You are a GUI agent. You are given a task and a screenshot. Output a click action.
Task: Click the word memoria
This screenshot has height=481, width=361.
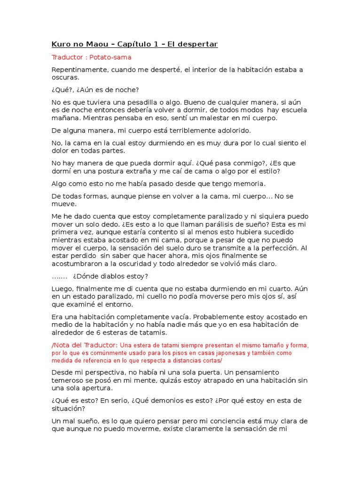(250, 184)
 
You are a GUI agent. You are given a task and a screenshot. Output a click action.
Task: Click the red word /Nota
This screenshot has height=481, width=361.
(61, 345)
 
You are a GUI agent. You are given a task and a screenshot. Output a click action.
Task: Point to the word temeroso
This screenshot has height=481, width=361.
(67, 380)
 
